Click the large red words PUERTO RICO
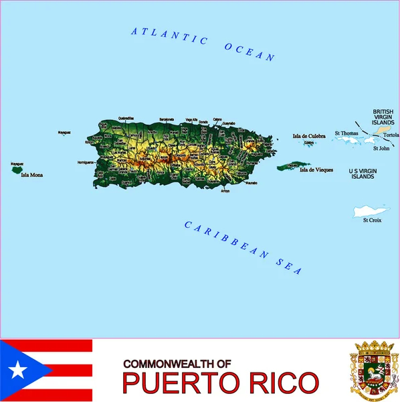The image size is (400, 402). (220, 383)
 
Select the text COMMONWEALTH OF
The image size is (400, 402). (177, 362)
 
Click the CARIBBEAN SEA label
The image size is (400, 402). (243, 248)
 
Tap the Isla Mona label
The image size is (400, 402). (31, 176)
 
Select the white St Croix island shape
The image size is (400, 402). (371, 211)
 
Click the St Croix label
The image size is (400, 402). (372, 220)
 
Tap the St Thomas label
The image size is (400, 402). (346, 133)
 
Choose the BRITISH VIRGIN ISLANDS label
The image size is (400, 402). (383, 117)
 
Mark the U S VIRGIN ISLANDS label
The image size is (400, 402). (363, 174)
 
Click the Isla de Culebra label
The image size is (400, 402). (309, 136)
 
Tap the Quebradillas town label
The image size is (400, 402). (126, 118)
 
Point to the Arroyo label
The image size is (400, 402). (224, 192)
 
